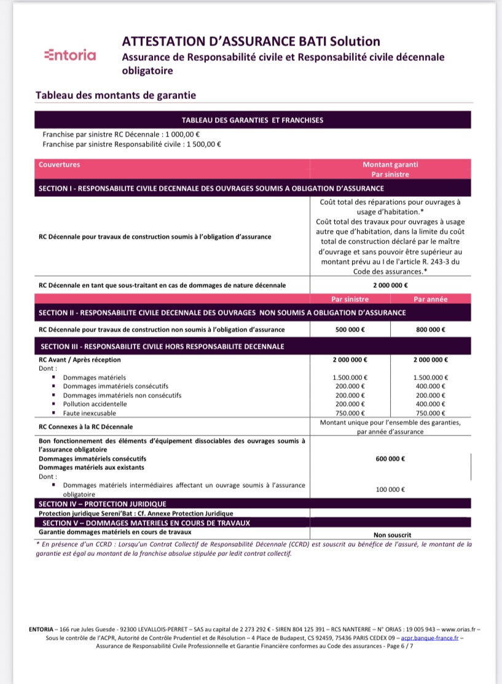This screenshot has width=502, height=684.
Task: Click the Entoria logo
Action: point(71,55)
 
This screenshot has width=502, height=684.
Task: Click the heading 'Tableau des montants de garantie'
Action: point(116,95)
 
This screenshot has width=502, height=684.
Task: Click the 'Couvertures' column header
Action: point(59,165)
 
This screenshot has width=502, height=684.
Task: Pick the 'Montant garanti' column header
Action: point(391,165)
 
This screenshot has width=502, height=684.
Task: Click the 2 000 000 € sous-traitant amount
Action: point(391,285)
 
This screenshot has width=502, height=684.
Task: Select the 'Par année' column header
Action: point(430,300)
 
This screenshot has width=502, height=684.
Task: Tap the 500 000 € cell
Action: point(350,330)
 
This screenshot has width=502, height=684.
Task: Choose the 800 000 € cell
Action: point(430,330)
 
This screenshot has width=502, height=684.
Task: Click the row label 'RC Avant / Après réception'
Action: point(80,360)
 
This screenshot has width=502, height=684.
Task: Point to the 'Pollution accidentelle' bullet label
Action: point(95,404)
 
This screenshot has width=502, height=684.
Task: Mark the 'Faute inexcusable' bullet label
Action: point(90,413)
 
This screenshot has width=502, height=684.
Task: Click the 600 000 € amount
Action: point(391,459)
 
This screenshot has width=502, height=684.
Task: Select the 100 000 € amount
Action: point(391,490)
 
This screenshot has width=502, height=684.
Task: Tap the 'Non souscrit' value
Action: point(392,535)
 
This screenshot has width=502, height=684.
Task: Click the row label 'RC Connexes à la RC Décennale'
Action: point(85,426)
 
